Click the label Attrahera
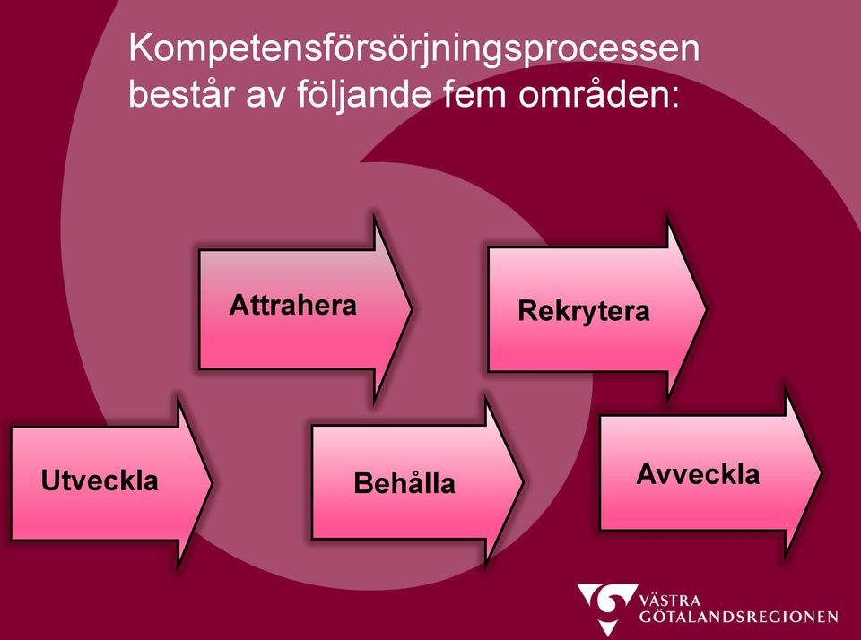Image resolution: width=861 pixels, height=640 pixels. [x=292, y=305]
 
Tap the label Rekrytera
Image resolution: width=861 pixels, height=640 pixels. [x=584, y=311]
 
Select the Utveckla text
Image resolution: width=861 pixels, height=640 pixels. [x=100, y=480]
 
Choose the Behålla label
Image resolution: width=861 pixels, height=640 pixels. [x=404, y=482]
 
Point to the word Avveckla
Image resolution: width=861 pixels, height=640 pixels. [x=698, y=474]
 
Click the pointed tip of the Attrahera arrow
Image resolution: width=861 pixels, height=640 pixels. [x=412, y=309]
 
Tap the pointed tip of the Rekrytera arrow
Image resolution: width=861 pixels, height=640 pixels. [x=706, y=309]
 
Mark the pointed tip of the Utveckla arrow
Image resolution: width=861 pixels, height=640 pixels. [x=212, y=483]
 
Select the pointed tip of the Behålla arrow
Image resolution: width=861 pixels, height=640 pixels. [x=523, y=482]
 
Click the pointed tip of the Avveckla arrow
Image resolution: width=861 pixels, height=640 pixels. [x=821, y=472]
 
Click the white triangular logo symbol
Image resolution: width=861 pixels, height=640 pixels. [x=607, y=608]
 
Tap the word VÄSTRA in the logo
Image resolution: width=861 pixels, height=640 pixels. [x=670, y=600]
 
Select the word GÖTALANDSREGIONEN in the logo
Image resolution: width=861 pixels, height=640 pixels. [x=738, y=617]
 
